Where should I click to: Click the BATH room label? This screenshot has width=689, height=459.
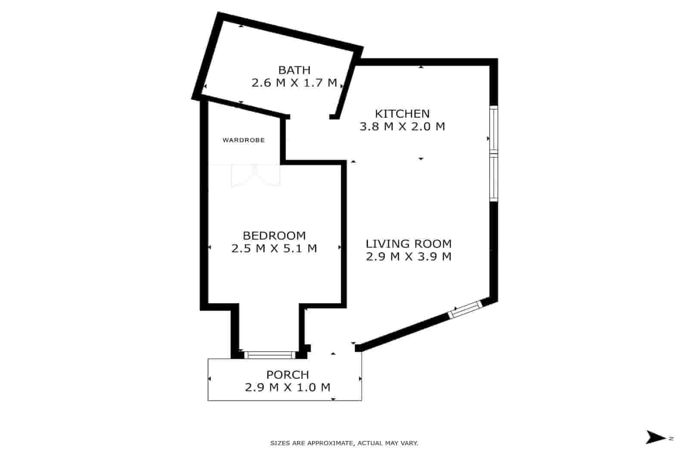(x=294, y=70)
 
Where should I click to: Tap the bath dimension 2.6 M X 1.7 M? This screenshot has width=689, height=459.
(x=294, y=83)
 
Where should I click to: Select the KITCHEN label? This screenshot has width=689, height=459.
(x=402, y=114)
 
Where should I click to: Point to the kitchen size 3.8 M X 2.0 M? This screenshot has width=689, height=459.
(x=402, y=127)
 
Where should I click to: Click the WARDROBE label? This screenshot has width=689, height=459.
(x=243, y=140)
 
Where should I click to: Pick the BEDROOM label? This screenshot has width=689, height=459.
(x=274, y=236)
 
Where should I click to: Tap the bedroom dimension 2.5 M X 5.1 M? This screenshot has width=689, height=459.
(x=274, y=248)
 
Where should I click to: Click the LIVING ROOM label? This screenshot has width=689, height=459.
(x=409, y=244)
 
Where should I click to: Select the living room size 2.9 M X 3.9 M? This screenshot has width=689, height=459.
(x=409, y=257)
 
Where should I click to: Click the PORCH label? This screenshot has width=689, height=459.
(x=288, y=375)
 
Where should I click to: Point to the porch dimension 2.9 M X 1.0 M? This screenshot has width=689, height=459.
(x=288, y=388)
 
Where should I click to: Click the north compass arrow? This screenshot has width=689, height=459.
(x=655, y=437)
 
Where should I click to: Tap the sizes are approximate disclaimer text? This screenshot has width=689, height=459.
(x=344, y=443)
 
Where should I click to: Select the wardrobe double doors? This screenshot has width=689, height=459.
(x=255, y=176)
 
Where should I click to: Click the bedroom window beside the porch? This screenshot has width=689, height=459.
(x=270, y=355)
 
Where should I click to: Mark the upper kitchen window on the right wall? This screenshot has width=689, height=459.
(x=493, y=130)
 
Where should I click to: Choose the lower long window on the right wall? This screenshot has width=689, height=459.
(x=493, y=177)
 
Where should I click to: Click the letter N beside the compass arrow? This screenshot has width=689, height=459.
(x=671, y=438)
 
